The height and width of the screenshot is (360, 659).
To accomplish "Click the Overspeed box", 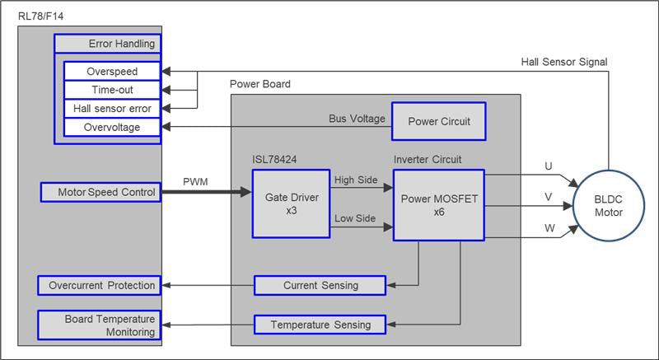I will point(111,72).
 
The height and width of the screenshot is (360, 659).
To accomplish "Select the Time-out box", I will point(111,90).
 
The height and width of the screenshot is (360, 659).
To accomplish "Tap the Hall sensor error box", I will point(111,108).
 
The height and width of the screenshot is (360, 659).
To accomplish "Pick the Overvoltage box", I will point(111,127).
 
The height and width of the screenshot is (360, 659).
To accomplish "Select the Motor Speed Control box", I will point(99,193).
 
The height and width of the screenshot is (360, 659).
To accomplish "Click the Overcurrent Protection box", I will point(99,285).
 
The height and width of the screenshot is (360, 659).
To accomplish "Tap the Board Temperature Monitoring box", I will point(99,325).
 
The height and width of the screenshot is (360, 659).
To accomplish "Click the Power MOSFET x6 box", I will point(439,204).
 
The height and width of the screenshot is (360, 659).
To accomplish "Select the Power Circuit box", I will point(438,122).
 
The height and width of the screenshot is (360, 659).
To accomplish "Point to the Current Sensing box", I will point(320,285).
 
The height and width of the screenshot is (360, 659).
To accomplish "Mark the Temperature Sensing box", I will point(320,325).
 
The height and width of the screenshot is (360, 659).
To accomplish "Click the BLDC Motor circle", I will point(609,205).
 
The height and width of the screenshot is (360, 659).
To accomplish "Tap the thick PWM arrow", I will point(206,193).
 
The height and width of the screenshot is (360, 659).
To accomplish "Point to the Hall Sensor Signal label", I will point(563,62).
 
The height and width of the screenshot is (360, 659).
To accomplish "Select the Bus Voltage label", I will point(357,119).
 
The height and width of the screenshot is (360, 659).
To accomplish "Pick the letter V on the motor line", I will point(549,196).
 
